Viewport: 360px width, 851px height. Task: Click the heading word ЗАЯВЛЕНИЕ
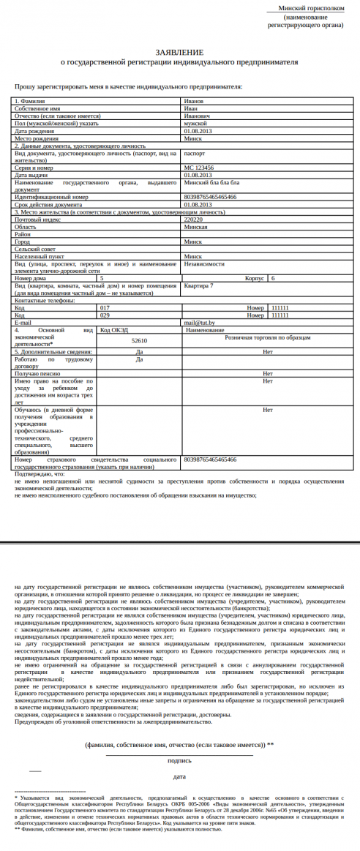pyautogui.click(x=180, y=53)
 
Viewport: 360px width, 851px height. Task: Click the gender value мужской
pyautogui.click(x=196, y=123)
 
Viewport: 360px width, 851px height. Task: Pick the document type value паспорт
pyautogui.click(x=195, y=154)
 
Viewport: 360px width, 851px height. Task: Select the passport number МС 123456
pyautogui.click(x=200, y=168)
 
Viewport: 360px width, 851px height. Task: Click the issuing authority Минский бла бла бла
pyautogui.click(x=209, y=182)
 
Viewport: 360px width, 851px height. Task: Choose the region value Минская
pyautogui.click(x=195, y=226)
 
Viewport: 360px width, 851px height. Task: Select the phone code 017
pyautogui.click(x=105, y=308)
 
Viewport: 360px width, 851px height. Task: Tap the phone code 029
pyautogui.click(x=105, y=315)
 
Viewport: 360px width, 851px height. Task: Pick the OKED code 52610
pyautogui.click(x=139, y=340)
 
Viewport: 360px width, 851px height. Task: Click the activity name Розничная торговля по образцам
pyautogui.click(x=268, y=337)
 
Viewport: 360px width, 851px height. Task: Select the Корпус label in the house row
pyautogui.click(x=254, y=278)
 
